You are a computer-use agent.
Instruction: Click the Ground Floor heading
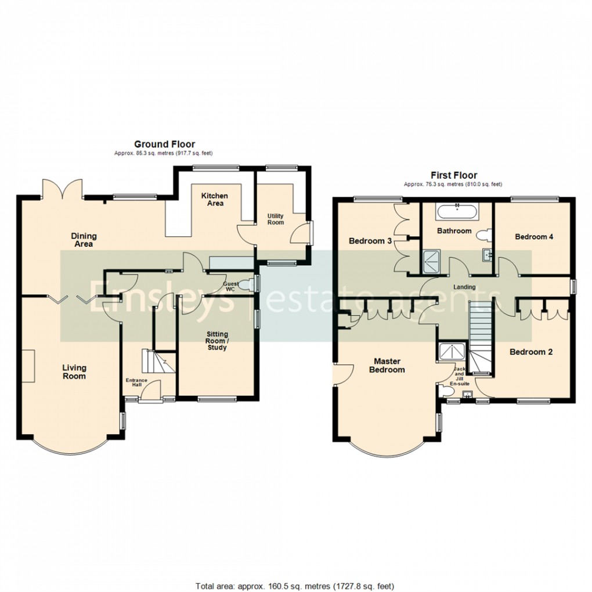pyautogui.click(x=165, y=144)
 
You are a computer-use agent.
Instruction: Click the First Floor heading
pyautogui.click(x=454, y=175)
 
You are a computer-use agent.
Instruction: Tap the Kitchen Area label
pyautogui.click(x=215, y=199)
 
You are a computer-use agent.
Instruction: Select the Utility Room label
pyautogui.click(x=275, y=219)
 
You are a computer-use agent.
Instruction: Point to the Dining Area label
pyautogui.click(x=84, y=240)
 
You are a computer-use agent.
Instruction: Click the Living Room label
pyautogui.click(x=74, y=371)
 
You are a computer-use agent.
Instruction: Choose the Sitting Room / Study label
pyautogui.click(x=217, y=341)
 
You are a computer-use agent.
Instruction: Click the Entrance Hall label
pyautogui.click(x=136, y=382)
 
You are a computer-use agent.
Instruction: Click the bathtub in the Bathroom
pyautogui.click(x=457, y=211)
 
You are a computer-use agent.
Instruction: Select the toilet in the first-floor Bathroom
pyautogui.click(x=484, y=236)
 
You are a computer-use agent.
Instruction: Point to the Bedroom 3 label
pyautogui.click(x=370, y=241)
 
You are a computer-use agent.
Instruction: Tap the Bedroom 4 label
pyautogui.click(x=534, y=237)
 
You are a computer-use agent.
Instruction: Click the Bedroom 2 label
pyautogui.click(x=531, y=352)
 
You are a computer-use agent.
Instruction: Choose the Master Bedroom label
pyautogui.click(x=387, y=366)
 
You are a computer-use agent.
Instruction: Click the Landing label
pyautogui.click(x=464, y=287)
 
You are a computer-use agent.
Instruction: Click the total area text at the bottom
pyautogui.click(x=295, y=586)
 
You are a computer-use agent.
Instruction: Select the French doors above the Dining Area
pyautogui.click(x=63, y=189)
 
